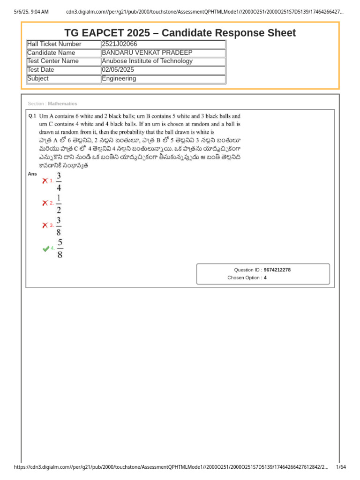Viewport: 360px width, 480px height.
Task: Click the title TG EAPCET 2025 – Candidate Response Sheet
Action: [180, 33]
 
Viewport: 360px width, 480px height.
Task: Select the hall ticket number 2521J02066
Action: [120, 44]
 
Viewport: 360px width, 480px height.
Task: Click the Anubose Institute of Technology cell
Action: [147, 61]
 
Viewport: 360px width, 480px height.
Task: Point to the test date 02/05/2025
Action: [118, 70]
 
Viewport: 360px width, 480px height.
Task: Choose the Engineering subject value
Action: [119, 78]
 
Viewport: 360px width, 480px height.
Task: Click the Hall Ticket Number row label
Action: [54, 44]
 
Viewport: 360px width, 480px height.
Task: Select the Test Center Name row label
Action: [53, 61]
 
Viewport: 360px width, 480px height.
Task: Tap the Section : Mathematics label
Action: [52, 104]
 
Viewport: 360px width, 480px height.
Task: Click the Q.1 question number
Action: [32, 115]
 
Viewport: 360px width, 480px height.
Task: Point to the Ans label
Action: [32, 174]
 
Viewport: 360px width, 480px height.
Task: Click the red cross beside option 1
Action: [45, 180]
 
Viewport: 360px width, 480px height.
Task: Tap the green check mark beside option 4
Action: [45, 248]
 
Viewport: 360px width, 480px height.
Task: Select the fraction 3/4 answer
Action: [59, 181]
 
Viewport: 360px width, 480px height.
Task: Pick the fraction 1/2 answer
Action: [59, 203]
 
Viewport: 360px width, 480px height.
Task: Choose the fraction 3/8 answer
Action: [59, 226]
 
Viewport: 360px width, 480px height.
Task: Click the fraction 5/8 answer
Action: [60, 248]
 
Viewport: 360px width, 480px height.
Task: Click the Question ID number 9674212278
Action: [277, 270]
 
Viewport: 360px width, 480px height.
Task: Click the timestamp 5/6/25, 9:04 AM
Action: [31, 12]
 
